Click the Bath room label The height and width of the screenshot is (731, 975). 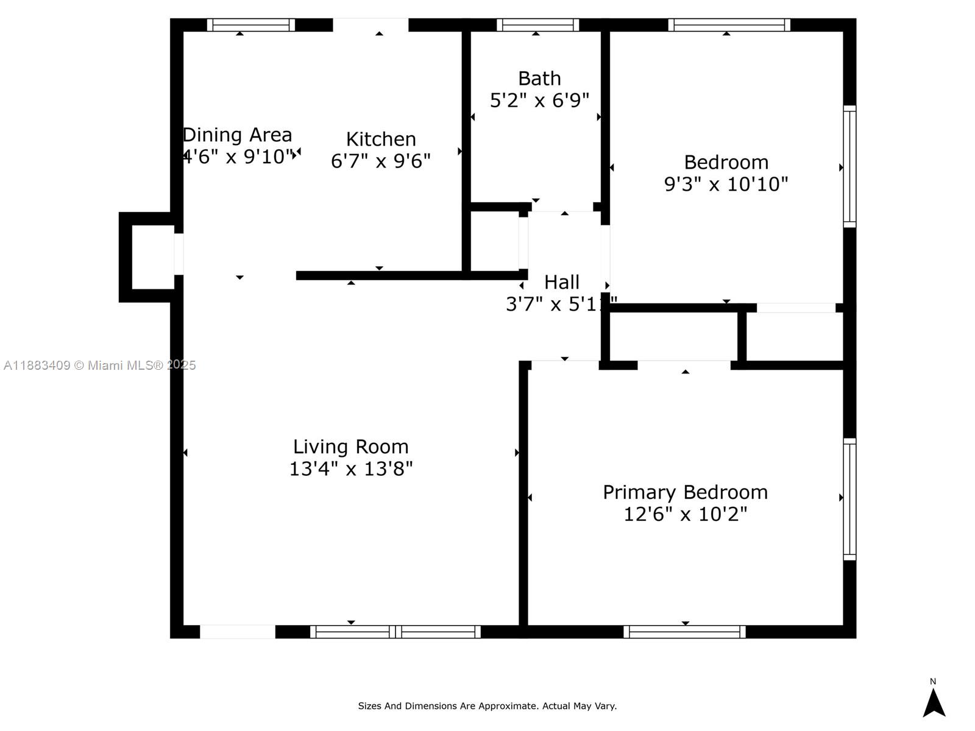(x=539, y=79)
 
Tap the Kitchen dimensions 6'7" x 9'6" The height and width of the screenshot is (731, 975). (x=381, y=161)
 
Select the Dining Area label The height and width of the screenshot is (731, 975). (x=238, y=135)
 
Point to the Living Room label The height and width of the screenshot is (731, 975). (x=351, y=447)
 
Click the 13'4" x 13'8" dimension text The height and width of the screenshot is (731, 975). (x=351, y=468)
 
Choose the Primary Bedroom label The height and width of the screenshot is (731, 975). (x=685, y=492)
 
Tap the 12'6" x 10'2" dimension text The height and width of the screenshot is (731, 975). (x=685, y=514)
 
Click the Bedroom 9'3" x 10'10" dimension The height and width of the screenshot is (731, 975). (x=726, y=184)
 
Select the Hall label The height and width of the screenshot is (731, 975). (x=561, y=282)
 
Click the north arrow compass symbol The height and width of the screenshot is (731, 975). (x=934, y=702)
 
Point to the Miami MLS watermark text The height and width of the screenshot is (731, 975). (x=100, y=365)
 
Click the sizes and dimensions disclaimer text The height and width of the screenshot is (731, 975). (x=487, y=706)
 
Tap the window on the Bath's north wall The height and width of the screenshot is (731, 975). (x=537, y=25)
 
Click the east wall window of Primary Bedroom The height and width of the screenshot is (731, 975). (x=849, y=499)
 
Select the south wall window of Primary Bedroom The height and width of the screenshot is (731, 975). (x=684, y=632)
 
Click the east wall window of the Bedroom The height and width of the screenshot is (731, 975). (x=849, y=166)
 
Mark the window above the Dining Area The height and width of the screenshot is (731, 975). (x=250, y=25)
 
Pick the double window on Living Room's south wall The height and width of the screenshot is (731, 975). (x=395, y=632)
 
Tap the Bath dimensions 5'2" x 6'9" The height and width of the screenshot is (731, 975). (x=539, y=101)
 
